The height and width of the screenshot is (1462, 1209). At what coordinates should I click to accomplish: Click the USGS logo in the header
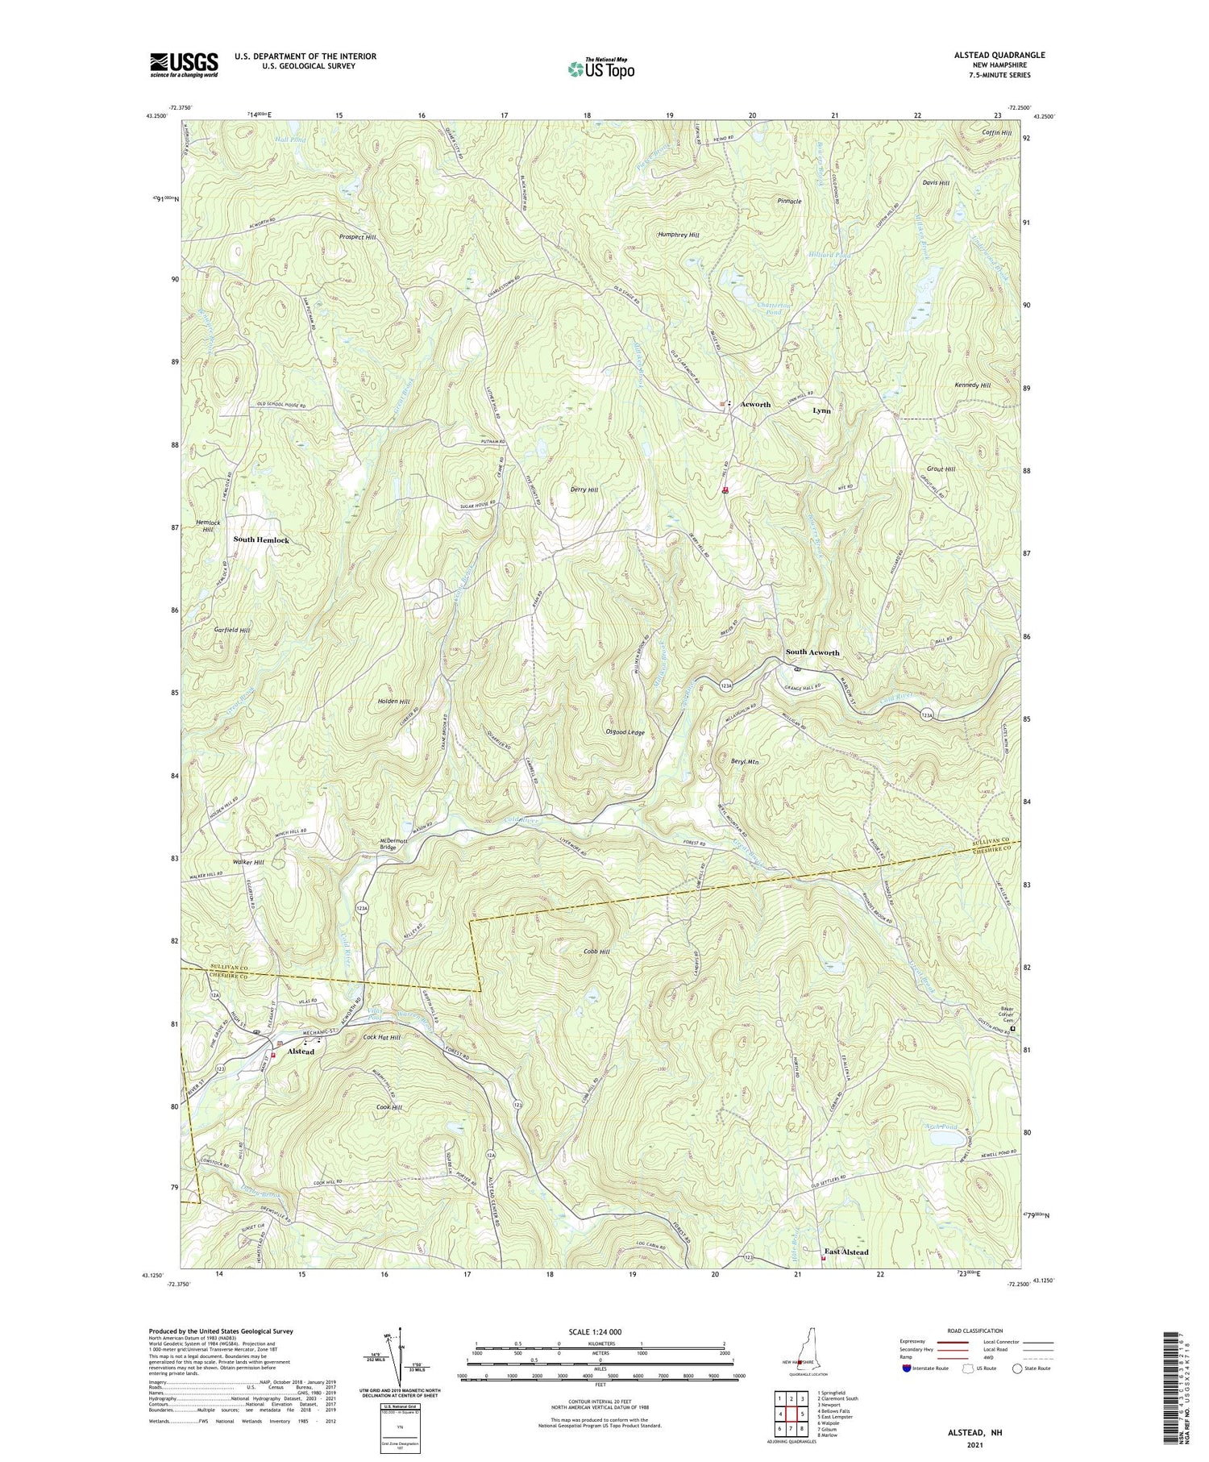184,65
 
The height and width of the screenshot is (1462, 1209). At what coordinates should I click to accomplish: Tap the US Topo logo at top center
600,69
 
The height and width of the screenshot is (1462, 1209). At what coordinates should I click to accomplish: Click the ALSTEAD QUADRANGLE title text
999,55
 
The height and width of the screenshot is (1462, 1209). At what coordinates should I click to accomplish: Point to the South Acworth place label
812,652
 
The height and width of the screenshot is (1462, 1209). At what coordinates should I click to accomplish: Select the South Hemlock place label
261,539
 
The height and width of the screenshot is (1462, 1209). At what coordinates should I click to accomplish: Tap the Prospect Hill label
358,238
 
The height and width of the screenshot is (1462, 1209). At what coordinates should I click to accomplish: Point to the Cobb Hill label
596,952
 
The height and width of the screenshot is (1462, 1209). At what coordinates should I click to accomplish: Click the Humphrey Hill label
679,235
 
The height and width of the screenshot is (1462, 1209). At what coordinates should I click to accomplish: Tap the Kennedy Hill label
971,385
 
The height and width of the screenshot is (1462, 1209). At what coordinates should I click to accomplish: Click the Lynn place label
821,410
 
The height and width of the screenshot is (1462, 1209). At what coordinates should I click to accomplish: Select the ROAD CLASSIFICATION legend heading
974,1331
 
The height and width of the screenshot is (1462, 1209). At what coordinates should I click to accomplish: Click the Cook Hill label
388,1107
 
